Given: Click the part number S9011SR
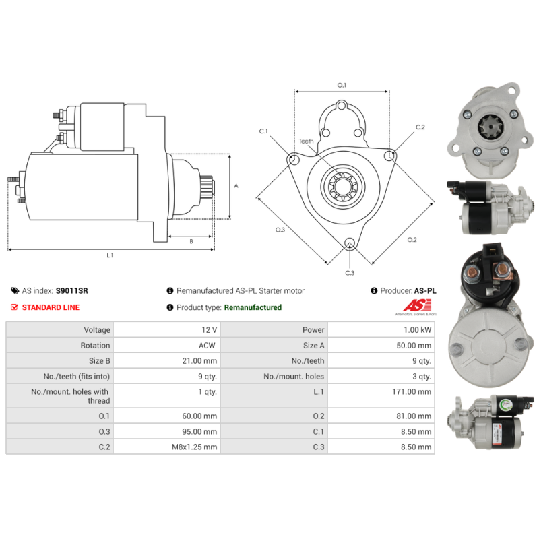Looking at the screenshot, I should (x=71, y=291).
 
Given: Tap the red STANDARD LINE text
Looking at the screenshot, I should (x=51, y=307).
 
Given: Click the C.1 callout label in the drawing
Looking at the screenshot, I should (x=263, y=131).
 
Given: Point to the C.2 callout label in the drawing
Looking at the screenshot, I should (x=420, y=127).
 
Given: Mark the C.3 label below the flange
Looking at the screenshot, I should (x=350, y=273).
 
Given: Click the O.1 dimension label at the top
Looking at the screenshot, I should (x=342, y=85).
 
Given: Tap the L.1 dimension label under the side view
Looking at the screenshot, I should (x=110, y=255).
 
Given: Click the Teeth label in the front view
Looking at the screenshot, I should (x=307, y=141).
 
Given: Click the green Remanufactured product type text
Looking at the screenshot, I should (x=253, y=307).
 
